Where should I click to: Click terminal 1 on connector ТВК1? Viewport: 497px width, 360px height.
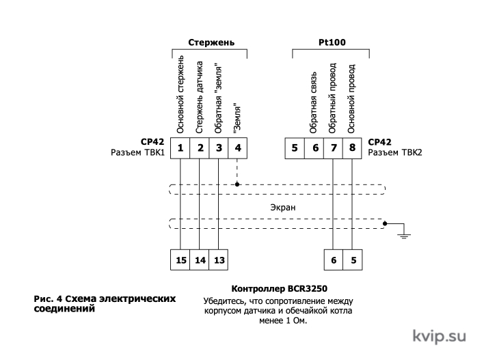coord(180,148)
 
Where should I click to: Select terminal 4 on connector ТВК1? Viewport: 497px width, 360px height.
coord(238,148)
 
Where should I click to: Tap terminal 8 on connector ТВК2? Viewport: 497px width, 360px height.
coord(352,148)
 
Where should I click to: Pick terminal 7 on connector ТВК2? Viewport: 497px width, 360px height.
coord(333,148)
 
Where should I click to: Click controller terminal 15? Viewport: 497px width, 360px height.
coord(180,260)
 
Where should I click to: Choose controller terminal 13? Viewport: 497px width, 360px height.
coord(219,260)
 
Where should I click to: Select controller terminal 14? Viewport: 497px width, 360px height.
coord(200,260)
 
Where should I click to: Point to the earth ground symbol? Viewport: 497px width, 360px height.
coord(404,236)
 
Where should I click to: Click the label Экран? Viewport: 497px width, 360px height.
coord(283,208)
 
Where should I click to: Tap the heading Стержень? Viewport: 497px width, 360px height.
coord(211,42)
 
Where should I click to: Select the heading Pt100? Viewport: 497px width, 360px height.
coord(332,42)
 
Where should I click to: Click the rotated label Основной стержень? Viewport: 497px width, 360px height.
coord(180,95)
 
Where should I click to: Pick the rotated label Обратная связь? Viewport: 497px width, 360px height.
coord(313,102)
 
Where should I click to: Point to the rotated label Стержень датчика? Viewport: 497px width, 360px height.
coord(199,98)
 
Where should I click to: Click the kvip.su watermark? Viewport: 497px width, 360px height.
coord(440,336)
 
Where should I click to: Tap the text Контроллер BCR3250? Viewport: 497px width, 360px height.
coord(279,289)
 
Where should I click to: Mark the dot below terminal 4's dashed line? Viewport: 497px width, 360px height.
coord(237,184)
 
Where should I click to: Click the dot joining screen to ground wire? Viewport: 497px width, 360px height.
coord(385,223)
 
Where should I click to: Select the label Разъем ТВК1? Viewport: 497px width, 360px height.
coord(138,152)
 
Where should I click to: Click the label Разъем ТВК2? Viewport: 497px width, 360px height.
coord(395,152)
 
